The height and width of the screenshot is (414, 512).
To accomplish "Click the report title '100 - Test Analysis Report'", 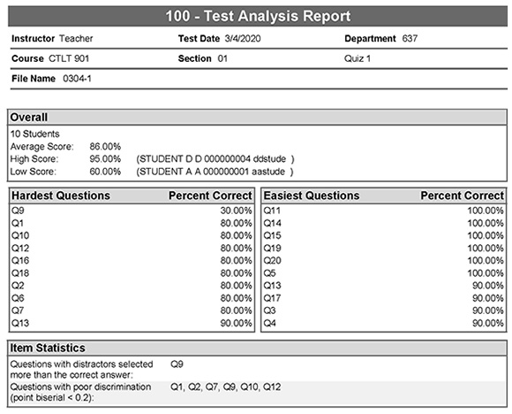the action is pos(256,16).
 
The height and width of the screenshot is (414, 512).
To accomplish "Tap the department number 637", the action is pos(409,39).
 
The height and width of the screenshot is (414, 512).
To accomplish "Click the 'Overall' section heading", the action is pos(30,117).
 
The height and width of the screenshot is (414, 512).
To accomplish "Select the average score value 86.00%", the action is pos(105,146).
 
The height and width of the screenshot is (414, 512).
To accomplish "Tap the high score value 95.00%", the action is pos(105,158).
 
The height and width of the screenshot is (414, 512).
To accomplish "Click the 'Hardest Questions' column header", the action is pos(60,195).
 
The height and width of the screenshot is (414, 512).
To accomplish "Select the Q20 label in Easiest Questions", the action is pos(272,261).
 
